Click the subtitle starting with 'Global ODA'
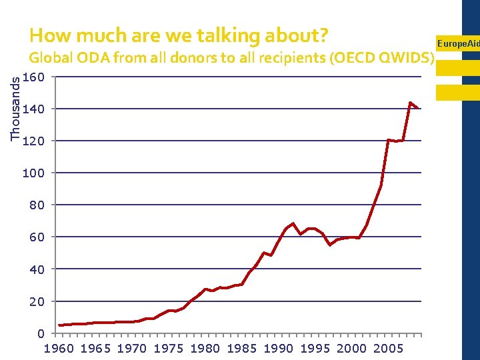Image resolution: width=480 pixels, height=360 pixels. click(232, 57)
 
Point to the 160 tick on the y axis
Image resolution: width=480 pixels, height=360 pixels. click(33, 77)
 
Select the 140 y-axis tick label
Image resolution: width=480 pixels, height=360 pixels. click(33, 109)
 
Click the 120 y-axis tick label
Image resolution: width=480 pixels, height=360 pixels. click(33, 141)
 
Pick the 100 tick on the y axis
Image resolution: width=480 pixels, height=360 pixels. click(33, 173)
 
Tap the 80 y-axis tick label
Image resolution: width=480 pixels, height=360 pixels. click(37, 205)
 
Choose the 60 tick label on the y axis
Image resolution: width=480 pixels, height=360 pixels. click(37, 237)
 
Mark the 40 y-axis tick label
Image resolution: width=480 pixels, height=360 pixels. click(37, 269)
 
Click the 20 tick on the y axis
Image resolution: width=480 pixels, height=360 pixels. click(37, 301)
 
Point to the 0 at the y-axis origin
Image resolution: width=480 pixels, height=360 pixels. click(41, 333)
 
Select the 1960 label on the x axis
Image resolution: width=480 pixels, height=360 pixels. click(59, 348)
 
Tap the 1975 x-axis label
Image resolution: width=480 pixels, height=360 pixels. click(169, 348)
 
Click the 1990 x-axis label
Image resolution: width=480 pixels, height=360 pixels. click(279, 348)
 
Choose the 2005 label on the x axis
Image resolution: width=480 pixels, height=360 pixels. click(389, 348)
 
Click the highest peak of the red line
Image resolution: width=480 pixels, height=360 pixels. click(410, 103)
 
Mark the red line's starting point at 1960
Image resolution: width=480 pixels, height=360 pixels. click(59, 325)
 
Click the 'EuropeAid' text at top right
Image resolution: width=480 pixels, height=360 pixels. click(457, 44)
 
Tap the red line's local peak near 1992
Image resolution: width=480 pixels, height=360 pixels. click(293, 223)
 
